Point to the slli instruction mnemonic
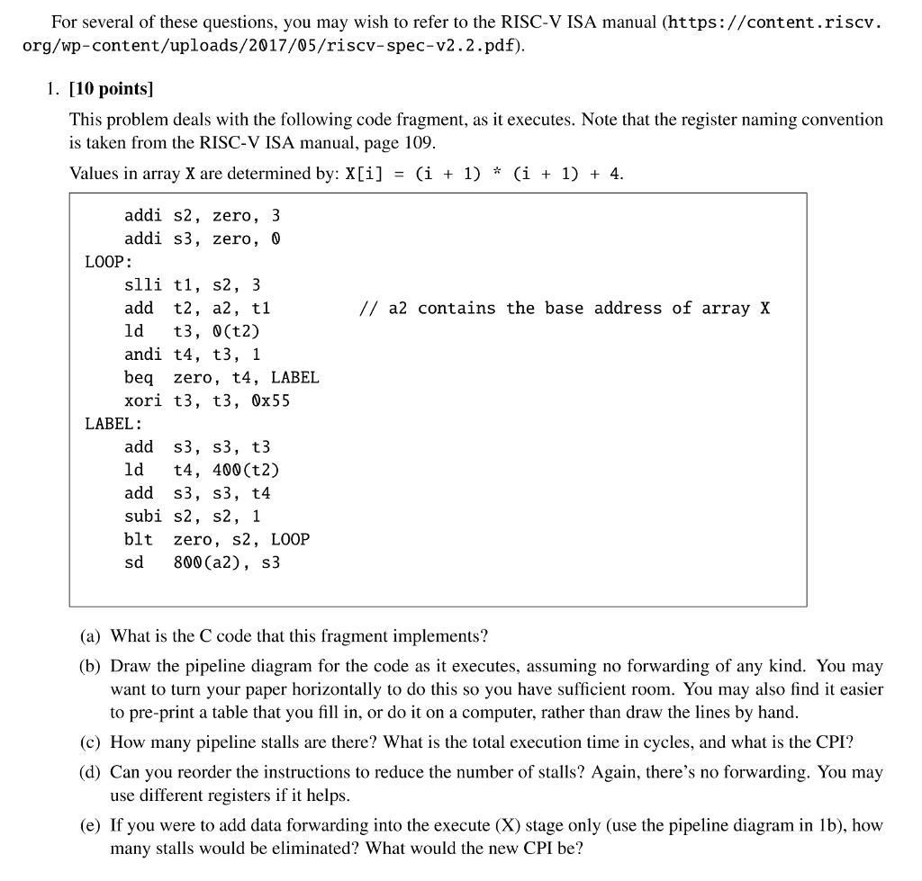(143, 285)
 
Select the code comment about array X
(565, 309)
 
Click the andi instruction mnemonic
(143, 355)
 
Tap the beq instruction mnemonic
(139, 378)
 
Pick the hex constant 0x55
(271, 400)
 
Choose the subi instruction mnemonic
(143, 517)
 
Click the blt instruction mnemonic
(139, 540)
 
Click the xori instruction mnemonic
(143, 400)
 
